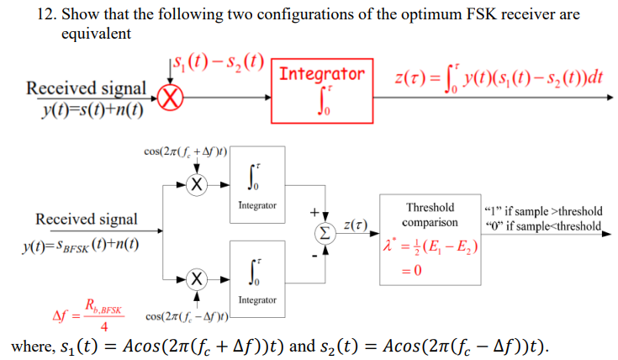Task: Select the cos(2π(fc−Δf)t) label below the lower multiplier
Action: click(188, 317)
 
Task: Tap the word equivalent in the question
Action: click(96, 34)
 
